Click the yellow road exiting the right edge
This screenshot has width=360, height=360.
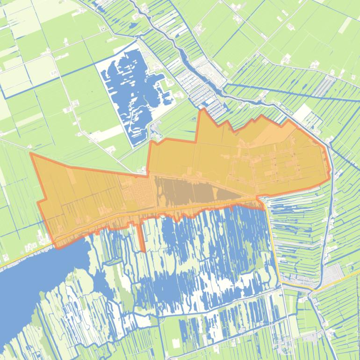coord(346,278)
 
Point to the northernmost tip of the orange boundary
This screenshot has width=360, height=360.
coord(202,109)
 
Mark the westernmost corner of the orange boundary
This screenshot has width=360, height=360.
coord(31,153)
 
